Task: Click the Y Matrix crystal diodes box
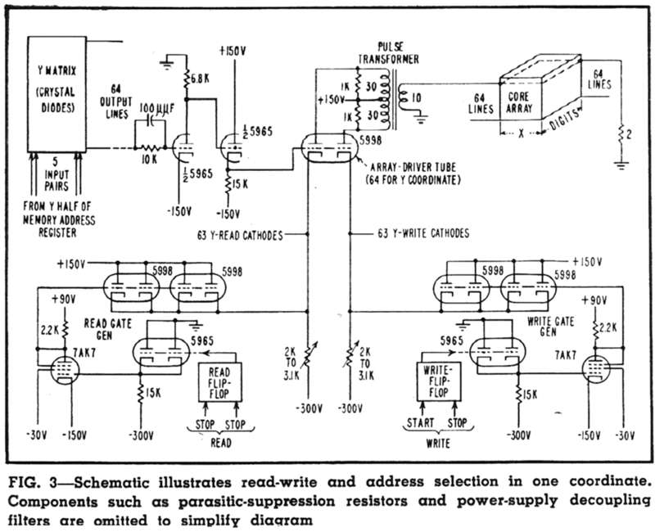[56, 94]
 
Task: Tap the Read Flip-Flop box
[219, 382]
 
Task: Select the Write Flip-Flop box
[439, 381]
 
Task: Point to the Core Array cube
[540, 95]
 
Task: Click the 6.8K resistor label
[200, 78]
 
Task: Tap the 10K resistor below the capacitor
[150, 148]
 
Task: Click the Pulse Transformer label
[388, 52]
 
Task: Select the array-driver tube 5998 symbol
[330, 149]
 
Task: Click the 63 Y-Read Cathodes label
[240, 235]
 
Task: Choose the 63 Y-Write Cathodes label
[423, 233]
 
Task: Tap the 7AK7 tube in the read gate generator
[65, 370]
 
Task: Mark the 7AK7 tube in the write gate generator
[596, 369]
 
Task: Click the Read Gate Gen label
[108, 329]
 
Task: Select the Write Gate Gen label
[550, 326]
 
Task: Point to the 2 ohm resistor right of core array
[621, 134]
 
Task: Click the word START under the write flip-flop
[421, 422]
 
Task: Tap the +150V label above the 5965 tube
[233, 51]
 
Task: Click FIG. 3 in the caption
[33, 482]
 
